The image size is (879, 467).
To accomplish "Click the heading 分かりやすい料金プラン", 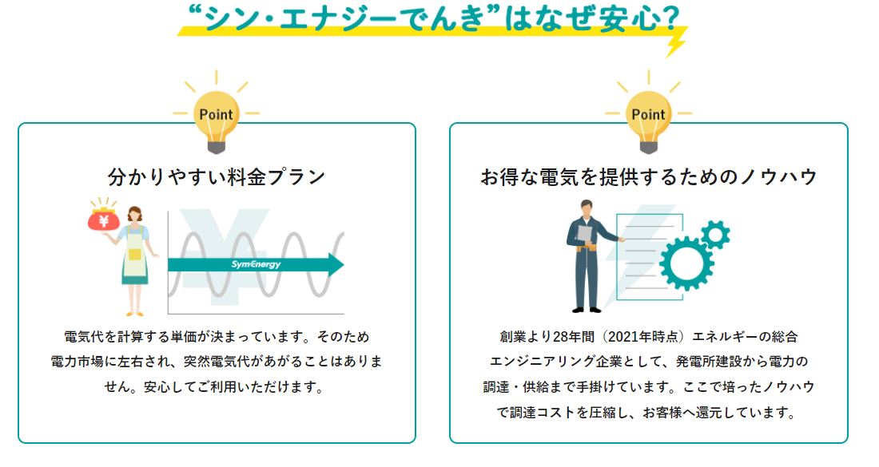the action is point(217,177).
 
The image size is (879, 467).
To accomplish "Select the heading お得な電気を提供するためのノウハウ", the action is point(649,177).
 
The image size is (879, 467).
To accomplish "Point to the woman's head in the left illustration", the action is point(134,215).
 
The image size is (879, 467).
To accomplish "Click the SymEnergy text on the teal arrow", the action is point(256,264).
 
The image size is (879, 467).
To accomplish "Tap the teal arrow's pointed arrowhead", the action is point(336,264).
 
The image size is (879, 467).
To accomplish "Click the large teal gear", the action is point(686,263).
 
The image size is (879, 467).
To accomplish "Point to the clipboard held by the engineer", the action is point(585,234).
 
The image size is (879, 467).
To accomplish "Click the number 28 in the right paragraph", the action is point(561,337).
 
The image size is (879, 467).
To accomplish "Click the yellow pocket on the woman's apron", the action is point(134,254).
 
